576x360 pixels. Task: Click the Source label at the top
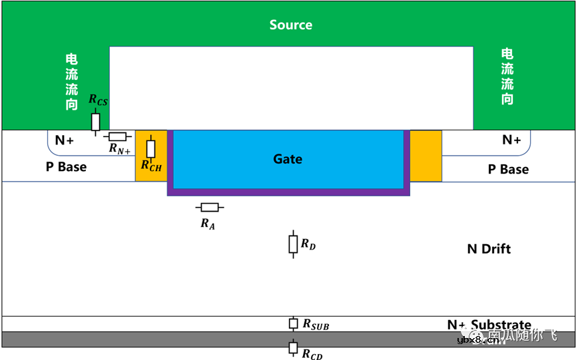(290, 25)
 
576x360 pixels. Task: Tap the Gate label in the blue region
(288, 159)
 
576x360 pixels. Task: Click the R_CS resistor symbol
(96, 122)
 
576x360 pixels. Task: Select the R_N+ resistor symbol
(118, 136)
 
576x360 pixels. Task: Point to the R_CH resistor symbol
(151, 148)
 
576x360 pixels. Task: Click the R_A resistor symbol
(209, 208)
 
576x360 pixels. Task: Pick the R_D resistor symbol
(292, 244)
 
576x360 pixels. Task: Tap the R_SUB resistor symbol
(292, 323)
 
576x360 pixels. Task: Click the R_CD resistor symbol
(292, 347)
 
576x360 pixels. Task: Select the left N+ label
(65, 140)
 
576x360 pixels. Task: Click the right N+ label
(511, 140)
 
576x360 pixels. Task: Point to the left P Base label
(66, 166)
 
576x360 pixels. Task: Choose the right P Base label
(508, 170)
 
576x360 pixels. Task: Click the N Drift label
(489, 249)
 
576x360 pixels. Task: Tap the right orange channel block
(426, 155)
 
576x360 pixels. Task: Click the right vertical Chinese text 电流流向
(507, 77)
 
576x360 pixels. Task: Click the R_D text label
(308, 244)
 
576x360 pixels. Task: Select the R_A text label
(208, 224)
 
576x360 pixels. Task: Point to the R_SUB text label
(316, 325)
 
